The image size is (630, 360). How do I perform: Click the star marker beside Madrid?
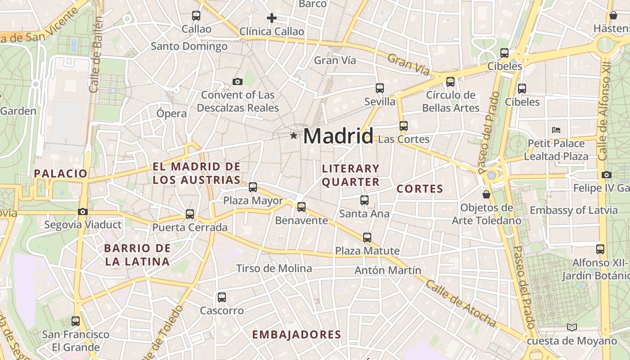pos(293,135)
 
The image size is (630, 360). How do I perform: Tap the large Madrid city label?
pos(338,136)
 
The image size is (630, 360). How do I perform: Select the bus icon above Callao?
pos(196,16)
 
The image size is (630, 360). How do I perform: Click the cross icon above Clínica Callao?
pos(271,18)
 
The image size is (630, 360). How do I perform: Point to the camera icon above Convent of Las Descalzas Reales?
pos(237,81)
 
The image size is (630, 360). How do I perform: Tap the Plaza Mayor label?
pos(253,201)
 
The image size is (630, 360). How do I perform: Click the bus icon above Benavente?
pos(301,207)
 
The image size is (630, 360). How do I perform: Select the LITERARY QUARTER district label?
pos(351,175)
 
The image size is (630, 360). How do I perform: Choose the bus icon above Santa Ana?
pos(364,200)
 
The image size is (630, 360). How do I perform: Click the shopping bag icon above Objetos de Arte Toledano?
pos(486,194)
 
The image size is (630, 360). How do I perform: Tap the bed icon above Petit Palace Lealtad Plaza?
pos(556,130)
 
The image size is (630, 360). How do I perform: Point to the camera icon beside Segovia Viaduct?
pos(82,211)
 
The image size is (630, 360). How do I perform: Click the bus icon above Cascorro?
pos(222,297)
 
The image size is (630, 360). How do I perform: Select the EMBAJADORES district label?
pos(297,334)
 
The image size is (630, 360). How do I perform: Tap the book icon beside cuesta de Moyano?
pos(572,327)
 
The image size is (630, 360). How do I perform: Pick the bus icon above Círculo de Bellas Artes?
pos(450,82)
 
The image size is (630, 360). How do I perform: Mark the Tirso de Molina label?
pos(274,269)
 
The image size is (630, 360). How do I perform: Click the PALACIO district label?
pos(60,173)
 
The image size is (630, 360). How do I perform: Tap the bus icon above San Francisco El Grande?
pos(76,321)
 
